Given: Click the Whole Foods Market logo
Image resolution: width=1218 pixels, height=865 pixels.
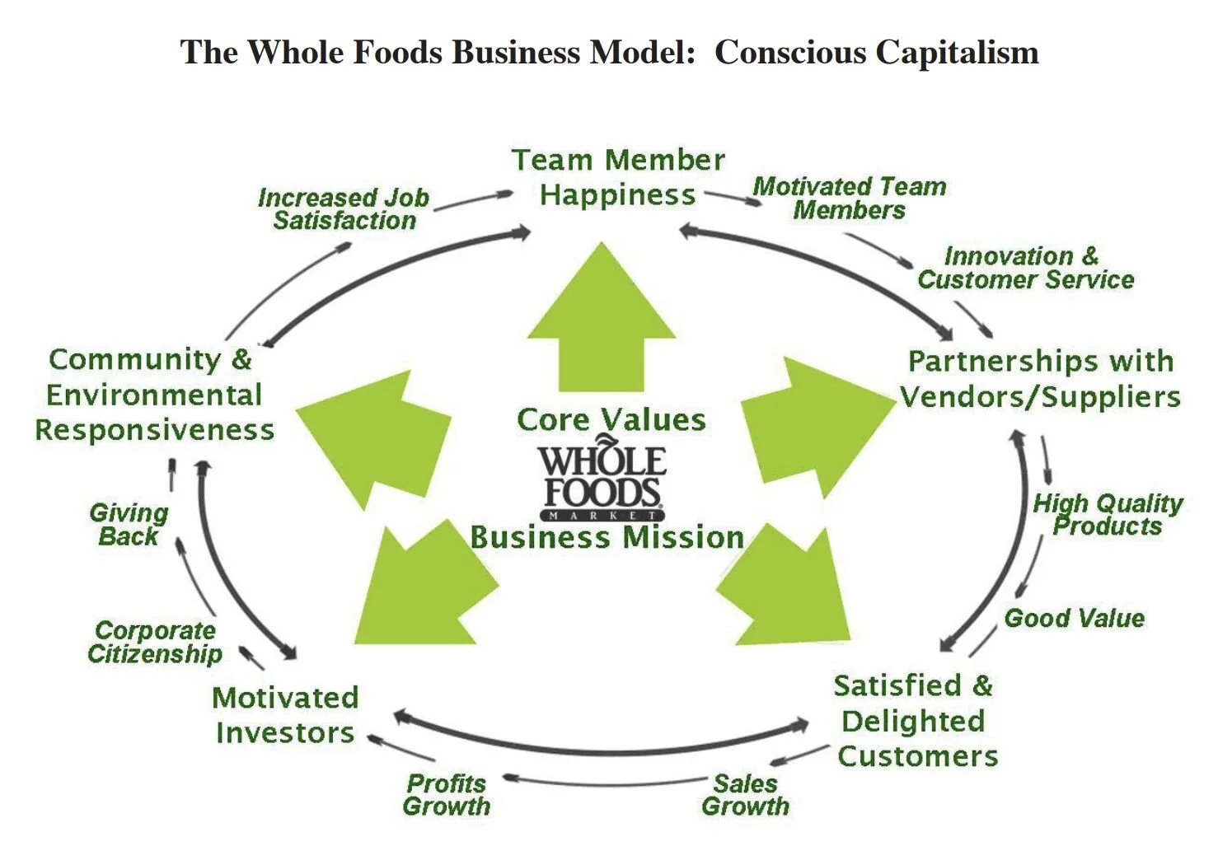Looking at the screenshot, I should [x=602, y=483].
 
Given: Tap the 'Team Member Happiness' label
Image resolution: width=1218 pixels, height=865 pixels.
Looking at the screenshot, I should [x=618, y=177].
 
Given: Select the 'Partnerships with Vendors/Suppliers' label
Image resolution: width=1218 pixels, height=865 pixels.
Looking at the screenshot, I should [x=1040, y=379].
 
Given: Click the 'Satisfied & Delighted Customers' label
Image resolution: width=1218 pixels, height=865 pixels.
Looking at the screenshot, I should [x=915, y=721].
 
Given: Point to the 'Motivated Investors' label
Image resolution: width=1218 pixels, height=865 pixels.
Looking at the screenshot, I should [x=285, y=715].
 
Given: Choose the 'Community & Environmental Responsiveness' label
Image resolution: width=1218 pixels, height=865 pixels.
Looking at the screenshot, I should [x=153, y=395].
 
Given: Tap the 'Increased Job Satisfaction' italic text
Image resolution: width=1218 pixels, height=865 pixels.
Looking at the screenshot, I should [x=344, y=209].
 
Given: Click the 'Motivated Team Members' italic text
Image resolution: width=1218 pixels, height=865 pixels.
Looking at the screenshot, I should [x=849, y=199].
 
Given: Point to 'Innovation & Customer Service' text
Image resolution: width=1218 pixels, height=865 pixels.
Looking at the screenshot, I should [x=1025, y=268].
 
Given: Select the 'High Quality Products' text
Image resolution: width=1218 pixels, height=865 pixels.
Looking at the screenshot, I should [x=1107, y=515].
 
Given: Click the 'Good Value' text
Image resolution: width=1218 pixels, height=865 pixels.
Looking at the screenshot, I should [x=1074, y=619].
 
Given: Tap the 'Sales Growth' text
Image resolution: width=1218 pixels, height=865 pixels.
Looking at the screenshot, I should [x=745, y=795].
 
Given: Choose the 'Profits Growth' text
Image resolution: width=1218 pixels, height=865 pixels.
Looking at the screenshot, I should [x=446, y=795].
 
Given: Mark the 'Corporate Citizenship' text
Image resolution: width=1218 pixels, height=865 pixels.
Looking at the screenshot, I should [x=155, y=643].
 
